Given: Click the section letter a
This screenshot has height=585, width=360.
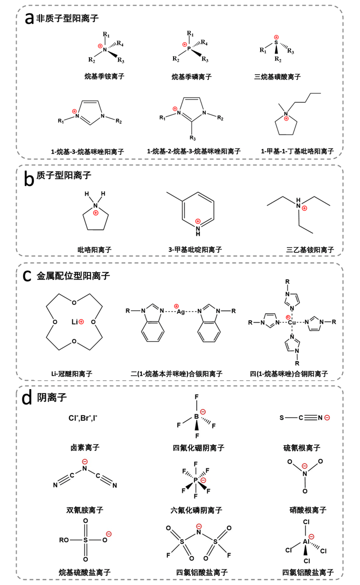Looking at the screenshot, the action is point(29,18).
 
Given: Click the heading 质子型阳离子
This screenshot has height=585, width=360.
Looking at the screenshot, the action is point(64,175).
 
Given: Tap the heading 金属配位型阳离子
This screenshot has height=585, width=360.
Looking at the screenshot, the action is point(73,276).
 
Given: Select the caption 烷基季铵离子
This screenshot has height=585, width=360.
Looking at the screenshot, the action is point(104,76).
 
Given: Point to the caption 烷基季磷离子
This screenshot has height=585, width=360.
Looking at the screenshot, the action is point(192,77).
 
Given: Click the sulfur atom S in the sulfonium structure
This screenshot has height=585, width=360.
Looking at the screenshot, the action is point(276,43).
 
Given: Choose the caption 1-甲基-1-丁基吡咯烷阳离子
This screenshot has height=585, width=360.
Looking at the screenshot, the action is point(297,151).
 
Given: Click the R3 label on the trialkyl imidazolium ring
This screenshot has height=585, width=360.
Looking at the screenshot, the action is point(193,138).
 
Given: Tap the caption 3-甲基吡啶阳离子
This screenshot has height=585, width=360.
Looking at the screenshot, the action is point(195,249).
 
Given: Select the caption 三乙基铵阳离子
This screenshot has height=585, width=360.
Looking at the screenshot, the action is point(310,249).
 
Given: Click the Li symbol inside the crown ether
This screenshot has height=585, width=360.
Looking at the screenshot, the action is point(75,322).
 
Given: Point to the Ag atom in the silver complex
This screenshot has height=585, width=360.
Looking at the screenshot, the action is point(181,312).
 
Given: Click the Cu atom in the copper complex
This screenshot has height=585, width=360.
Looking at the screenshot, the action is point(292,322).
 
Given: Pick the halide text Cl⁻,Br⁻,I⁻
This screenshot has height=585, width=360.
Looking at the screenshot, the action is point(83,418).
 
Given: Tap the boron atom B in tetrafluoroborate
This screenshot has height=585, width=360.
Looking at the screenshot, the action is point(196,417).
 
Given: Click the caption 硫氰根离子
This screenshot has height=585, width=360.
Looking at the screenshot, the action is point(302,448).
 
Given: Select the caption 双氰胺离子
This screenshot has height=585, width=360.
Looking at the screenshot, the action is point(85,510).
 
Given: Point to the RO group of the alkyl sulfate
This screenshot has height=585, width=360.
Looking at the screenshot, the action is point(64,540).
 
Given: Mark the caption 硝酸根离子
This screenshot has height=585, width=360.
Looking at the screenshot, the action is point(308,510).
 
